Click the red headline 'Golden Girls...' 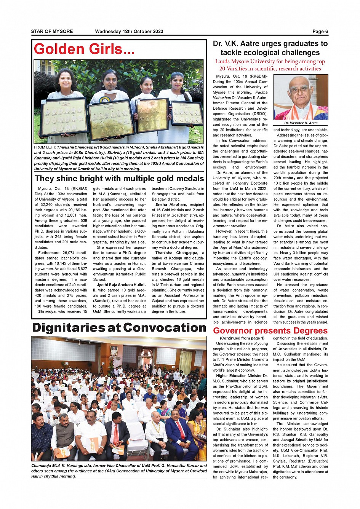tap(84, 49)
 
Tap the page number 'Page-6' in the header tap(320, 32)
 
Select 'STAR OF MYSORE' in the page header tap(52, 32)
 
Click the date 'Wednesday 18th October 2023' tap(129, 32)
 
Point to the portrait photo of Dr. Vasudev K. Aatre tap(301, 97)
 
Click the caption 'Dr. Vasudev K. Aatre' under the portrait tap(301, 123)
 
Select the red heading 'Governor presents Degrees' tap(270, 330)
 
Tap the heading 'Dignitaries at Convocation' tap(119, 328)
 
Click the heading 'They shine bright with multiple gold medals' tap(119, 179)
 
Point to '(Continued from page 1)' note tap(242, 338)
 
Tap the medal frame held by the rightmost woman tap(187, 113)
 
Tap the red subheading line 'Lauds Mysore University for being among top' tap(270, 62)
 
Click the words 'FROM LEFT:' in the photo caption tap(45, 147)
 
